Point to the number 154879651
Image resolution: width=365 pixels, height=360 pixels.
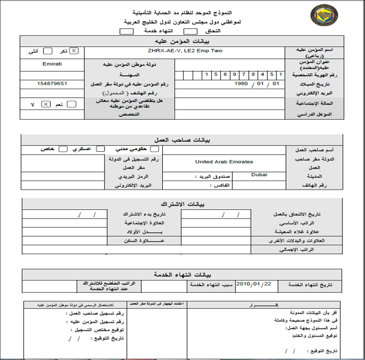tap(52, 84)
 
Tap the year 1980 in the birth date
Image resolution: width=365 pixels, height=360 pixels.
tap(242, 84)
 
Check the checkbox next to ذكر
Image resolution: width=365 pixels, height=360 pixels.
tap(74, 51)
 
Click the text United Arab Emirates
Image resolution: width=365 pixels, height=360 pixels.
tap(224, 161)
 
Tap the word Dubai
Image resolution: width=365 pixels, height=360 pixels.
tap(259, 174)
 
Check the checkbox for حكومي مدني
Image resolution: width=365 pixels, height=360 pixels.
tap(155, 149)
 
